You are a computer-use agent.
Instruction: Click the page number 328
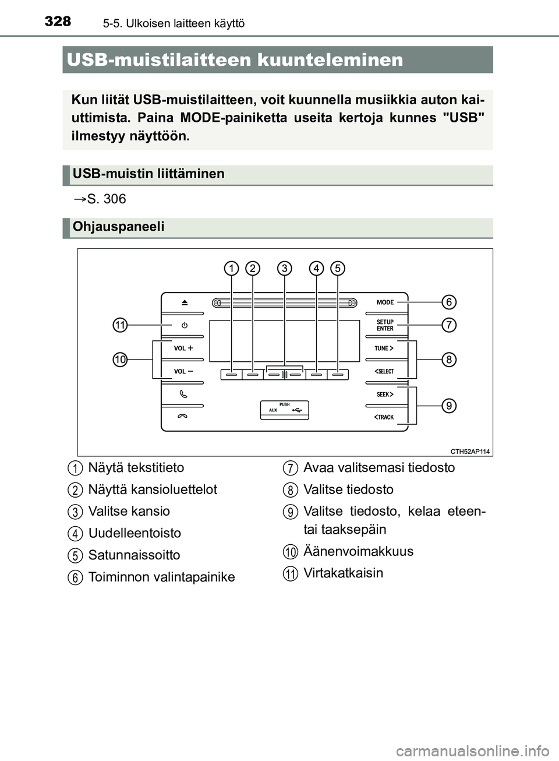point(58,22)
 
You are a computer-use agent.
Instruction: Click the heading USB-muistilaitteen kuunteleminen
point(235,59)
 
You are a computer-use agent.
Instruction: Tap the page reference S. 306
point(105,199)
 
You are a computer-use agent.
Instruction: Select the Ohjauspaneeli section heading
point(118,227)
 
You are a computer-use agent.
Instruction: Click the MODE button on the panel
point(385,302)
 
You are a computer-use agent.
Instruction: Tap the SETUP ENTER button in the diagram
point(385,325)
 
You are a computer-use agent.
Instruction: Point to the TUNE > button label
point(384,348)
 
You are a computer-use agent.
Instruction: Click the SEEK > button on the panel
point(385,394)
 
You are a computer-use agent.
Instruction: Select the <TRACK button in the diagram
point(384,417)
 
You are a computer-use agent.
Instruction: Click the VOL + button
point(183,348)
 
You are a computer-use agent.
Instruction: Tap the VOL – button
point(183,371)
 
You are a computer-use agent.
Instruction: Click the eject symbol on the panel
point(184,302)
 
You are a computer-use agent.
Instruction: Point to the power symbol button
point(184,325)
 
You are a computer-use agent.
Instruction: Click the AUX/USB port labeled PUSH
point(284,410)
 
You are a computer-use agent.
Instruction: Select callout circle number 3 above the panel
point(284,268)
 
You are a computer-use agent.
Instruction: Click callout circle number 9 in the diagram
point(448,406)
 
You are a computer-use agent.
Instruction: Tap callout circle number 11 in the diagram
point(120,325)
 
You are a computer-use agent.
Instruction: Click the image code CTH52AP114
point(470,451)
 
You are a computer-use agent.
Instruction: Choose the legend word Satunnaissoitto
point(134,555)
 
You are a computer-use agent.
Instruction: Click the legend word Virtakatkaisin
point(343,573)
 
